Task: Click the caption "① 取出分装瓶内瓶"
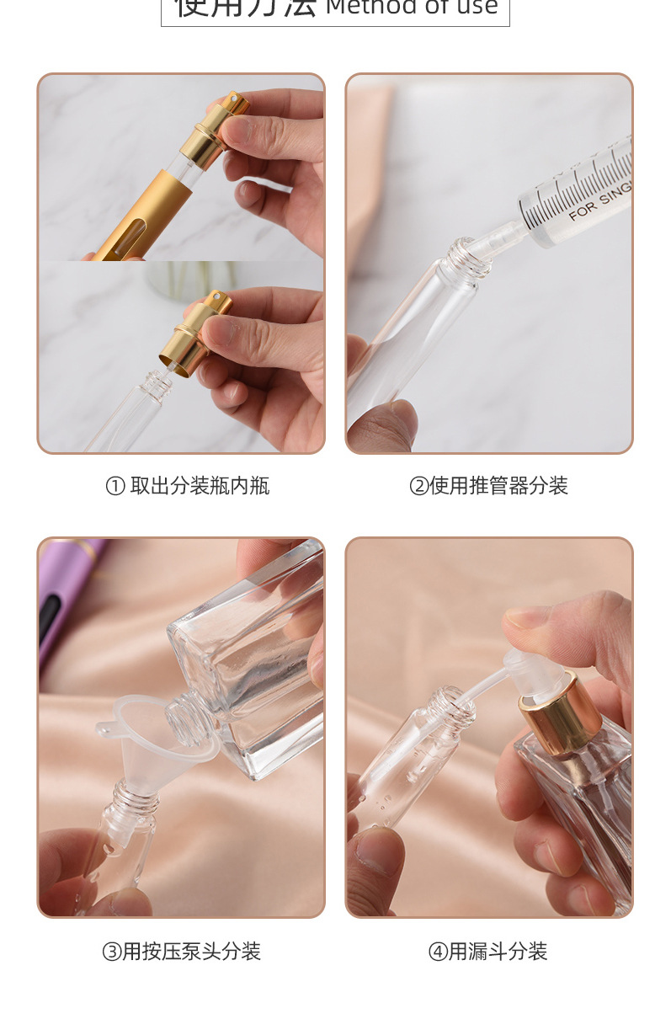coord(187,486)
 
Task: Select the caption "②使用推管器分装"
coord(488,486)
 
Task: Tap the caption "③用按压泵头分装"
coord(181,952)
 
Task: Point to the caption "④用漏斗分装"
coord(487,952)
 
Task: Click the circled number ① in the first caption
coord(114,487)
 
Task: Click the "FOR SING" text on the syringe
coord(599,201)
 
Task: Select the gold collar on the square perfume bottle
coord(557,716)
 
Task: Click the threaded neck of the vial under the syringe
coord(468,257)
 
